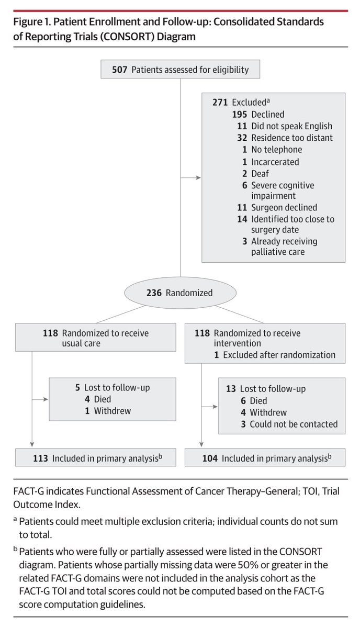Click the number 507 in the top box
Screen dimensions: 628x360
point(119,69)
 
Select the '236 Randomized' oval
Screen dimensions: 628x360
point(180,293)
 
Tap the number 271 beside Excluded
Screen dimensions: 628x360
point(220,103)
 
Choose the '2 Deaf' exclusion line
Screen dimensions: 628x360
point(255,173)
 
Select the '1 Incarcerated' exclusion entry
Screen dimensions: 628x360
point(269,161)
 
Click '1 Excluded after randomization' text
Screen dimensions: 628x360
point(275,355)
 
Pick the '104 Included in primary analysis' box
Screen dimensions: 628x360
point(266,458)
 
